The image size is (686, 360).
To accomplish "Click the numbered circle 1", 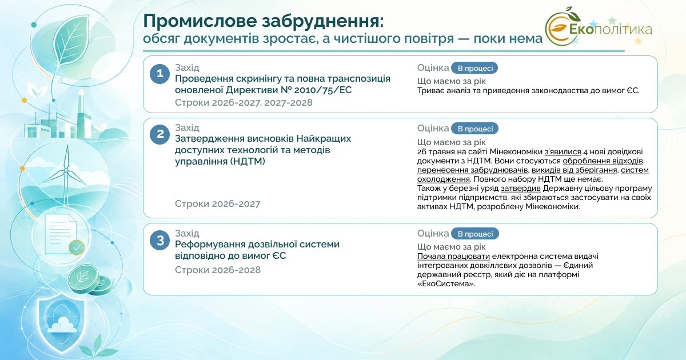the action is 159,74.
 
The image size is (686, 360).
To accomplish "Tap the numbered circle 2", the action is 159,134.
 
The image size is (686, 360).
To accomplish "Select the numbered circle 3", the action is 159,241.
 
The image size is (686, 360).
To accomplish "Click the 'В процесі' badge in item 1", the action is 474,68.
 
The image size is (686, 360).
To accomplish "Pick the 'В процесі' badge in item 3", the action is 475,234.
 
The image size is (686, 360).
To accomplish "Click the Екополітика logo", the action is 599,27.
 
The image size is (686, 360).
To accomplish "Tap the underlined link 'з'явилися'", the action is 563,151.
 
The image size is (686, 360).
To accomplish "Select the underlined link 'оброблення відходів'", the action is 603,161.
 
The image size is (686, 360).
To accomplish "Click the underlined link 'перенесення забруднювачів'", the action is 473,170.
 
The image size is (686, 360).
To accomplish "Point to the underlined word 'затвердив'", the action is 521,188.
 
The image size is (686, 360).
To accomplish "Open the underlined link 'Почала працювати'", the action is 453,256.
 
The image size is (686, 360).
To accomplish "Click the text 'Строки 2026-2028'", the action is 218,270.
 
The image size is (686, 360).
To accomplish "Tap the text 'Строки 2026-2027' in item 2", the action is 217,203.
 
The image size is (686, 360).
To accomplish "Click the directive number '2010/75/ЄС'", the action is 323,90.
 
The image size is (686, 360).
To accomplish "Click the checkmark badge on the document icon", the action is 77,247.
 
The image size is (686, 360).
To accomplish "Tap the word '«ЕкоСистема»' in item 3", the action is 446,284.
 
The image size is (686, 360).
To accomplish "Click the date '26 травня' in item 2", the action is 436,151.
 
